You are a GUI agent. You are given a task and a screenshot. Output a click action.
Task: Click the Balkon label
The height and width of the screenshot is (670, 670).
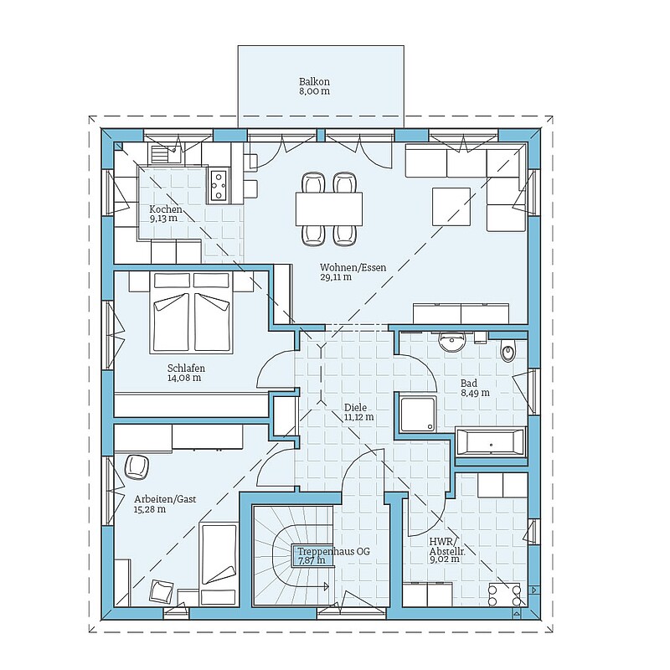pos(314,81)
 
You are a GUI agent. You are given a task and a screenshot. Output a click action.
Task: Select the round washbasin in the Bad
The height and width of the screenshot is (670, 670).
pos(451,342)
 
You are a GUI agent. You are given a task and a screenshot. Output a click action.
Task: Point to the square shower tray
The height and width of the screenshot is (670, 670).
pos(419,414)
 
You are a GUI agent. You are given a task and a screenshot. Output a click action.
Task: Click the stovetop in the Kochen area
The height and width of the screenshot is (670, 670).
pos(219,185)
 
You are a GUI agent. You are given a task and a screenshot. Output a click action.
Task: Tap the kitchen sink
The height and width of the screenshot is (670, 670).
pos(166,153)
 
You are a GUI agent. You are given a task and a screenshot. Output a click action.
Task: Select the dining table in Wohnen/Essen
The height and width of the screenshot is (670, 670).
pos(329,209)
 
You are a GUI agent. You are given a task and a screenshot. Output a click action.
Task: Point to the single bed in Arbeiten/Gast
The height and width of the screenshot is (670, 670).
pos(219,564)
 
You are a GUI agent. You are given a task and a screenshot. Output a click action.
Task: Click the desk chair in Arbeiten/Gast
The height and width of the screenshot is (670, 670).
pos(137,466)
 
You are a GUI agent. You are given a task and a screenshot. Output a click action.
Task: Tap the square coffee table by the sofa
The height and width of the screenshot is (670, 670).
pos(451,207)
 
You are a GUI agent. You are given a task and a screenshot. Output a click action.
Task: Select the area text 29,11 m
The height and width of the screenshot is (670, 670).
pos(336,277)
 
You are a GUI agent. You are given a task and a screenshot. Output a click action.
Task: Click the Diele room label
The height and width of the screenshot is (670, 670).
pos(355,408)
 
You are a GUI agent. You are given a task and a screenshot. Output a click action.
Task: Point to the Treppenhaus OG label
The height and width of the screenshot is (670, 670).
pos(333,551)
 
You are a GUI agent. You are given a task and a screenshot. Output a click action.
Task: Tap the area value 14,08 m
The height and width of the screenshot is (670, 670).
pos(184,378)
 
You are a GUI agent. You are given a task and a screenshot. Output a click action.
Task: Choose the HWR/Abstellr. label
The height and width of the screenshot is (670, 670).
pos(447,547)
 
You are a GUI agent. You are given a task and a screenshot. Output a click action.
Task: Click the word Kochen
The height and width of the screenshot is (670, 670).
pos(165,209)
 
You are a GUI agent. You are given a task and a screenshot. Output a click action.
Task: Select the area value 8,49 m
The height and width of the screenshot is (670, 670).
pos(475,393)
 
